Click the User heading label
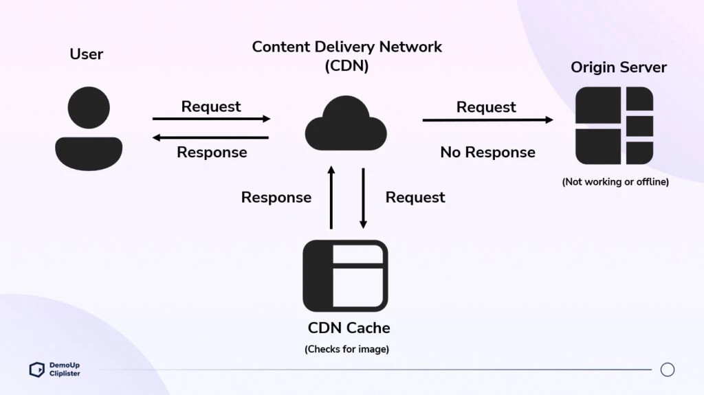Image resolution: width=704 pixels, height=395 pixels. tap(86, 54)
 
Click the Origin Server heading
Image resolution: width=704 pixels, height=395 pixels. tap(618, 67)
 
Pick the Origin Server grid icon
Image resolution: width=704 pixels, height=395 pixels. tap(614, 126)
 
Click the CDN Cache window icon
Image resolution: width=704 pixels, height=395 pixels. tap(345, 275)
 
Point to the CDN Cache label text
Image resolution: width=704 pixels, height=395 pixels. tap(349, 328)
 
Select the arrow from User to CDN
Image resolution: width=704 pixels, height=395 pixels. tap(211, 119)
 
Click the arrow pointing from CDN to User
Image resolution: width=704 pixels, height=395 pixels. tap(211, 137)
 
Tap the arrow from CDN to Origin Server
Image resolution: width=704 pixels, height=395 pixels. tap(487, 120)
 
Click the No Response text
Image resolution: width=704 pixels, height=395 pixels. tap(487, 153)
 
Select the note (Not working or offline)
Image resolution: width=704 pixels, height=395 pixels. tap(615, 182)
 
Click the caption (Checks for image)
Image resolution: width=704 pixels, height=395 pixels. tap(346, 349)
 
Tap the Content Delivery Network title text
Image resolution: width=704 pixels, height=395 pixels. tap(346, 47)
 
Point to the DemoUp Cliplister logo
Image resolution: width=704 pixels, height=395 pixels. tap(55, 370)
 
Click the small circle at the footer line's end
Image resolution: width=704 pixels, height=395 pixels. tap(667, 370)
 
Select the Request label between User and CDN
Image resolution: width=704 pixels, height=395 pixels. tap(211, 106)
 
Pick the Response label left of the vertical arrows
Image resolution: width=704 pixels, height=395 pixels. tap(276, 198)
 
